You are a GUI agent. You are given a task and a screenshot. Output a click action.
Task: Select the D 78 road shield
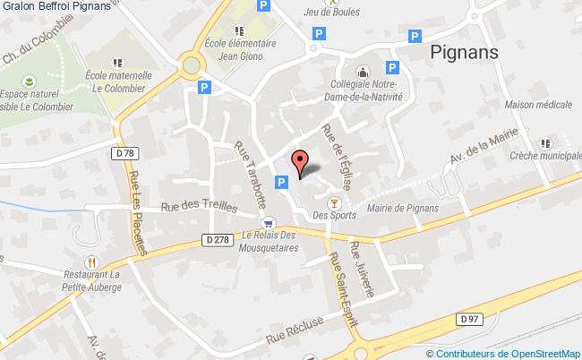coord(125,154)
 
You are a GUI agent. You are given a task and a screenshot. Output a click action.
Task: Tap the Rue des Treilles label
coord(199,208)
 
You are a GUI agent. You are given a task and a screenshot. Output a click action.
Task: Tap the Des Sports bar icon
coord(335,202)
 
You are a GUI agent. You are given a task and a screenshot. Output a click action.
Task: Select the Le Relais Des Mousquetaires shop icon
coord(268,224)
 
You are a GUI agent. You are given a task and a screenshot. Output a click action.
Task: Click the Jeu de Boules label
coord(331,13)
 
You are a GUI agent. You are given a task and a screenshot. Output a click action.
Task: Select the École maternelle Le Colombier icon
coord(117,63)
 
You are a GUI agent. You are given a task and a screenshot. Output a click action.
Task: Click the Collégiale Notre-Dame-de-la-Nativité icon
coord(362,72)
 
